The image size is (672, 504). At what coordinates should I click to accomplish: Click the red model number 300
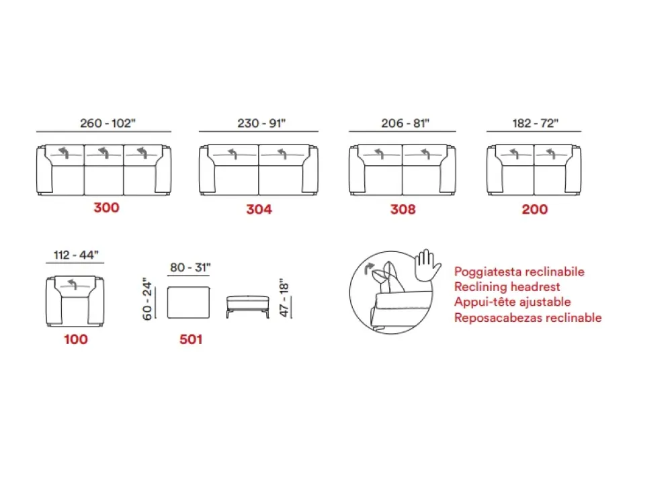(x=106, y=208)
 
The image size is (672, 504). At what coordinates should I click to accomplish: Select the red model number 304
(x=259, y=210)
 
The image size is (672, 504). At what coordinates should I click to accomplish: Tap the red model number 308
(x=403, y=210)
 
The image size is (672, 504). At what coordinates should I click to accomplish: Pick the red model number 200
(x=534, y=210)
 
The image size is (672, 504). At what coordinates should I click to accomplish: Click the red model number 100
(x=76, y=339)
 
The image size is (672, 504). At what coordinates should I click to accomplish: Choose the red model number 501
(x=191, y=339)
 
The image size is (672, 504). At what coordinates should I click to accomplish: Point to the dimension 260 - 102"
(x=108, y=124)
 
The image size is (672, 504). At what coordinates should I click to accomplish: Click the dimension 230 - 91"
(x=261, y=124)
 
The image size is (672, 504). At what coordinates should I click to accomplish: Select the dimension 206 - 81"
(x=405, y=124)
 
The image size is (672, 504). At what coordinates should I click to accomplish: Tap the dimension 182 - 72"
(x=536, y=124)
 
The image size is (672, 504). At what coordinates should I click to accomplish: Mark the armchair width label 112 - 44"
(x=76, y=255)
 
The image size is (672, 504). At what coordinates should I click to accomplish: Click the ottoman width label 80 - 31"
(x=190, y=267)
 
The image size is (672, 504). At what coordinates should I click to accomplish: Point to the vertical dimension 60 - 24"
(x=147, y=299)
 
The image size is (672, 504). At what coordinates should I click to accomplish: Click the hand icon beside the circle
(x=427, y=265)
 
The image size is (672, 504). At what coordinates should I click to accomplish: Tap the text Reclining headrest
(x=507, y=287)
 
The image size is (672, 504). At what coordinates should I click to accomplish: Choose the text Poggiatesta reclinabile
(x=519, y=271)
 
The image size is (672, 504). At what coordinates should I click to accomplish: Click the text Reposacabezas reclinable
(x=528, y=318)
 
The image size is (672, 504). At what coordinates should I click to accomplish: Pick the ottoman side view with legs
(x=248, y=306)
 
